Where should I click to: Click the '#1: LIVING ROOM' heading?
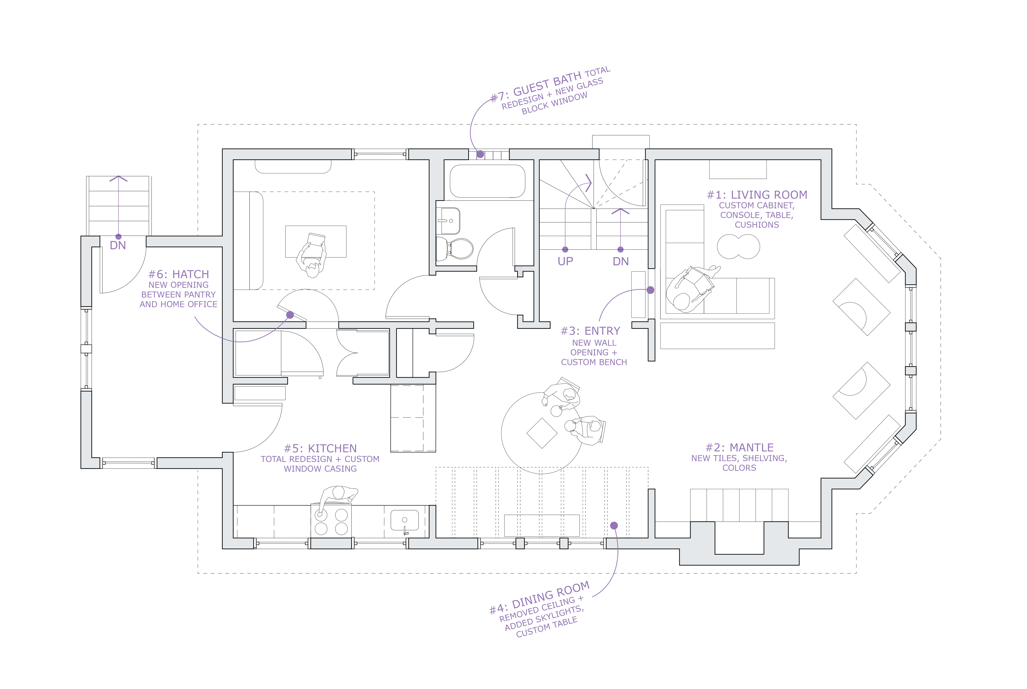pyautogui.click(x=757, y=195)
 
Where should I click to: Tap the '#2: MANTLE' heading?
pyautogui.click(x=739, y=447)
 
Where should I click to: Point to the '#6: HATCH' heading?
pyautogui.click(x=178, y=274)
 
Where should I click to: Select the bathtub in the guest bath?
pyautogui.click(x=487, y=181)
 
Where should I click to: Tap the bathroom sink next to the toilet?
pyautogui.click(x=448, y=221)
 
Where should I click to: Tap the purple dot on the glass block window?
pyautogui.click(x=480, y=154)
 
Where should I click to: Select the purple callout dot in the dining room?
pyautogui.click(x=614, y=526)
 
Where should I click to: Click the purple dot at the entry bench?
pyautogui.click(x=650, y=290)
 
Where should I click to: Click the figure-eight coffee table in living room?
pyautogui.click(x=738, y=246)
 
